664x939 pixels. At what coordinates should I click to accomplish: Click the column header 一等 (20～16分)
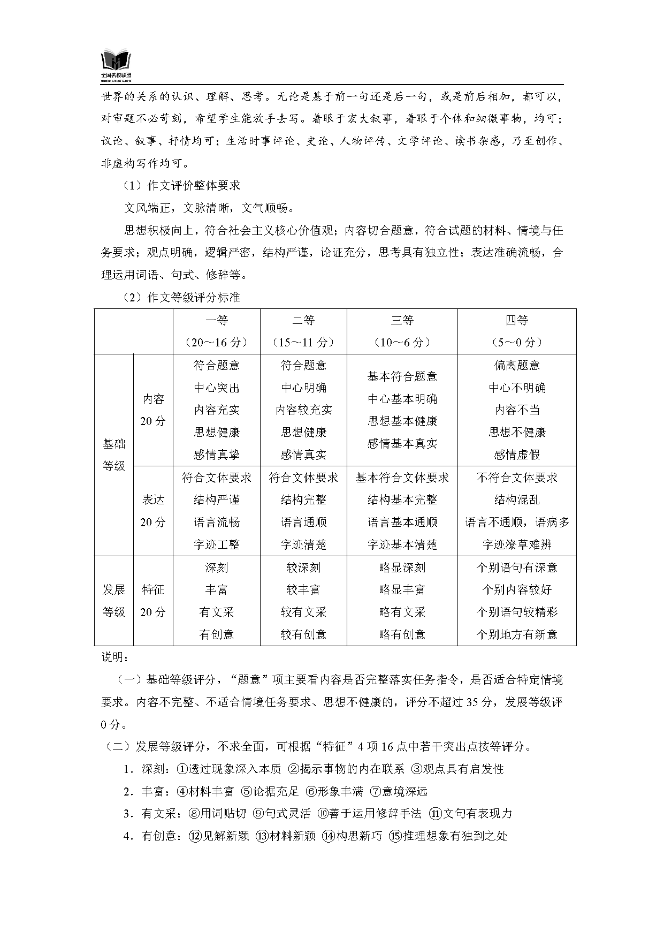(217, 331)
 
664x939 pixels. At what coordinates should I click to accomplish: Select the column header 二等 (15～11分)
(303, 331)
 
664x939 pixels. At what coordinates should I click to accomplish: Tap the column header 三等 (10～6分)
(402, 331)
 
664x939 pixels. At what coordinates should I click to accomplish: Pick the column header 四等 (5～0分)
(517, 331)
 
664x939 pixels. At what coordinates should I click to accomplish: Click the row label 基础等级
(114, 455)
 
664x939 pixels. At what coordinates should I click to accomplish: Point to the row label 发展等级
(114, 601)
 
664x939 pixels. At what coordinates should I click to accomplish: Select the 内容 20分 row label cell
(153, 410)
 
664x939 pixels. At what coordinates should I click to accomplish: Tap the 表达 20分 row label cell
(153, 511)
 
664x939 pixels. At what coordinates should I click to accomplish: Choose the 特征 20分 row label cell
(153, 601)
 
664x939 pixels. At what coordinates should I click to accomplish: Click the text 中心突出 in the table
(217, 388)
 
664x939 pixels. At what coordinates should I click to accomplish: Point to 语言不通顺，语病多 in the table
(517, 522)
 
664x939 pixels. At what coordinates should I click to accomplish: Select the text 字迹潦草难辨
(517, 545)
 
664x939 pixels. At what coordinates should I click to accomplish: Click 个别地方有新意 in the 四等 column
(517, 634)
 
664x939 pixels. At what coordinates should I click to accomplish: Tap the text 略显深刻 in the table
(402, 567)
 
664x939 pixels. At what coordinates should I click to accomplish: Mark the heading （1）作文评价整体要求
(181, 186)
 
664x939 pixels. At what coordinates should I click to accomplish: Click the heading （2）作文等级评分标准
(181, 298)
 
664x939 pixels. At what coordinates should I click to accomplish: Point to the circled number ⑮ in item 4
(395, 836)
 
